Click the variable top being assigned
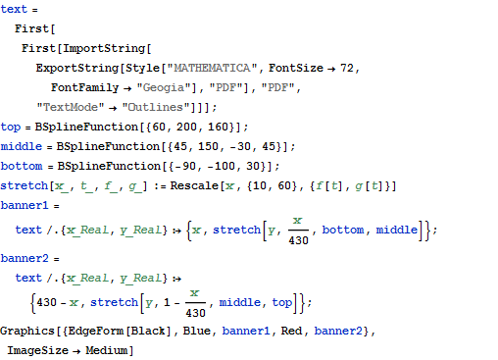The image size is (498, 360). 11,127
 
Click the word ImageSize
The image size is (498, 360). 39,349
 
